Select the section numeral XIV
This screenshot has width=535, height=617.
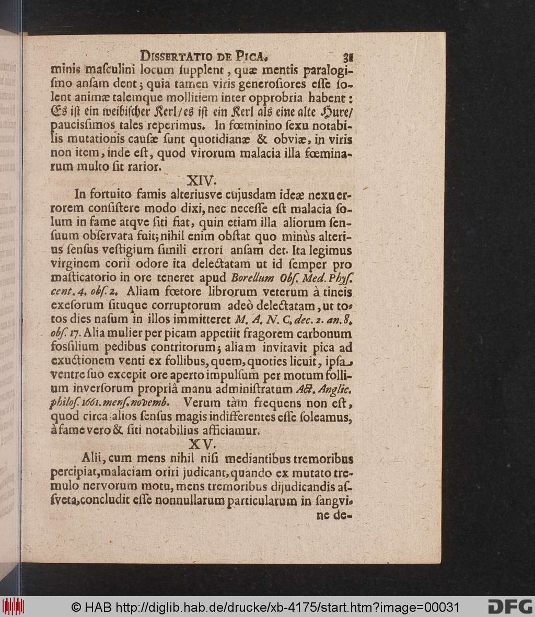pos(202,181)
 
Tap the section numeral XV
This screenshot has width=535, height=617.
pos(202,444)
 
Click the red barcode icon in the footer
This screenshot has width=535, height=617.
pos(13,607)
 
